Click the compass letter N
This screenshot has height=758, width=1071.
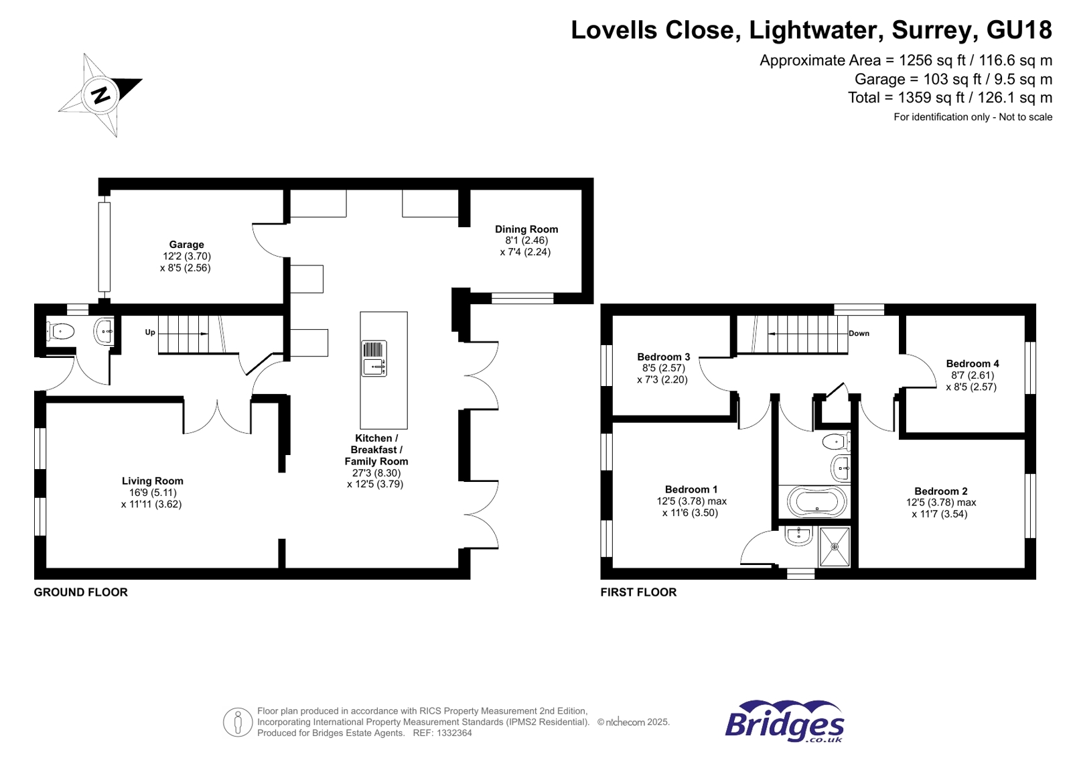click(101, 95)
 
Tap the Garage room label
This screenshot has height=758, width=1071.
click(186, 245)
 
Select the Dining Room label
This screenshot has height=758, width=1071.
click(526, 229)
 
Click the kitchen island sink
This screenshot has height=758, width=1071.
click(374, 358)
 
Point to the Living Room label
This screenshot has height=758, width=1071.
click(152, 481)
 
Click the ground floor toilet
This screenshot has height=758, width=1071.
click(61, 330)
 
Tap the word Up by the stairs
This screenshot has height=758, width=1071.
click(150, 332)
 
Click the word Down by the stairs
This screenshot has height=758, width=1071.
click(859, 333)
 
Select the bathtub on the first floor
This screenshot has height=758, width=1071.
click(816, 501)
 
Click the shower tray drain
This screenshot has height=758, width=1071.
click(835, 547)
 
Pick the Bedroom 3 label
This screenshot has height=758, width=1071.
click(663, 357)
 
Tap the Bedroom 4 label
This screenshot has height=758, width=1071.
click(972, 363)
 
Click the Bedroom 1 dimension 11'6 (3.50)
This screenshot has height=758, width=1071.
click(690, 513)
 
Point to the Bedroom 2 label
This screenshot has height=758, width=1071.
click(940, 491)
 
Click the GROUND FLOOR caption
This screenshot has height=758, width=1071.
click(80, 592)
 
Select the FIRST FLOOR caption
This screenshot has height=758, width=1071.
click(638, 592)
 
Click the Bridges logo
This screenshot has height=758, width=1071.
click(784, 722)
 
